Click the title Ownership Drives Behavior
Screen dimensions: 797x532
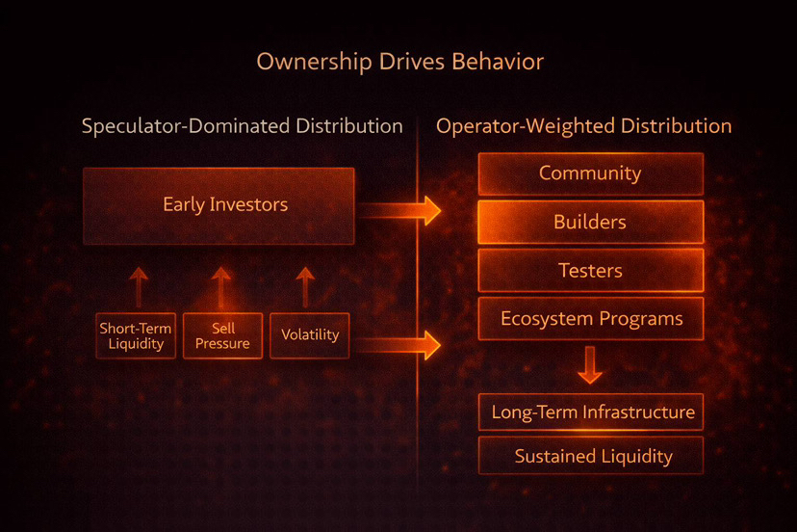(x=400, y=63)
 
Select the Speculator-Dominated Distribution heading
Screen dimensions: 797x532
(x=242, y=125)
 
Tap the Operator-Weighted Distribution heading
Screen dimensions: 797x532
(x=583, y=126)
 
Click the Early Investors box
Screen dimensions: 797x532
(x=219, y=206)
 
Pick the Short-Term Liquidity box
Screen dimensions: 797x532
(x=136, y=336)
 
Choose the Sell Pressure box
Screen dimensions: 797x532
(x=222, y=336)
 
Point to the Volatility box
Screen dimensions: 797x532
(x=310, y=336)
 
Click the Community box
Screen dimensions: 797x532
(x=591, y=173)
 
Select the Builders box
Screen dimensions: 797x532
(x=591, y=222)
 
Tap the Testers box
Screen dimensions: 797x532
(x=591, y=270)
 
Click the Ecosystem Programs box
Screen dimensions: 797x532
(x=591, y=319)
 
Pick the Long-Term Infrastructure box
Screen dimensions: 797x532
(x=591, y=412)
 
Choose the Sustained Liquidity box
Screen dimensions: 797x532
(x=591, y=456)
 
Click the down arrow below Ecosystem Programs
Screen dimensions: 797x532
(x=590, y=365)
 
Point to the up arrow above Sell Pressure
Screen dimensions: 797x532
(x=220, y=287)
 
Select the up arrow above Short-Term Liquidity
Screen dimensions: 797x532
(x=139, y=287)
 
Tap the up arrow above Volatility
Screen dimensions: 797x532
(x=305, y=287)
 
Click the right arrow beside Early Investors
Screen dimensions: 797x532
(x=399, y=211)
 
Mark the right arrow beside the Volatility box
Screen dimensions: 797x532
(x=398, y=346)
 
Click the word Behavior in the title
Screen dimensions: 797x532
(x=498, y=62)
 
